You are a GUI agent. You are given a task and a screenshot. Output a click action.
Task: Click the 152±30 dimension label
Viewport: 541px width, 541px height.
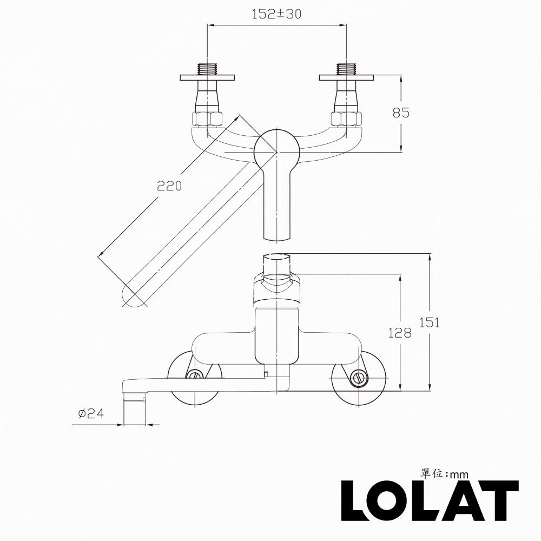276,15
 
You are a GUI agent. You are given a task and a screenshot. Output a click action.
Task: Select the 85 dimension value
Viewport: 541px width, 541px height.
400,113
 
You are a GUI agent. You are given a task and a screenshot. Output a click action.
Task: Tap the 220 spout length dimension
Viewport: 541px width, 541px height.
169,186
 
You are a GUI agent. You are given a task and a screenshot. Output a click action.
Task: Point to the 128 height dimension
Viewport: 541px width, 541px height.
400,333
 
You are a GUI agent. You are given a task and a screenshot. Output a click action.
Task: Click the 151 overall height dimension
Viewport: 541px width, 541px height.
430,322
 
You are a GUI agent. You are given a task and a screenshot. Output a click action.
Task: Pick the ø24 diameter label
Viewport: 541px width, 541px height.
91,414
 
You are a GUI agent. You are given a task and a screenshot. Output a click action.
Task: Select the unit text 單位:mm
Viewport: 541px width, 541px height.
444,473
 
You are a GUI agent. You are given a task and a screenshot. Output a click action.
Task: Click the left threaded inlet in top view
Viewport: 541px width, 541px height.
207,69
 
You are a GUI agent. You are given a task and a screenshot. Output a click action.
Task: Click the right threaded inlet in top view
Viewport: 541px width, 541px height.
346,69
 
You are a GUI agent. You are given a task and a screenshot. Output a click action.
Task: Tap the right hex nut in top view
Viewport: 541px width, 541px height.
346,118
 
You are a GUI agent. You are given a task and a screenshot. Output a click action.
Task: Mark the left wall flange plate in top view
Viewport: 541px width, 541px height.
207,78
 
